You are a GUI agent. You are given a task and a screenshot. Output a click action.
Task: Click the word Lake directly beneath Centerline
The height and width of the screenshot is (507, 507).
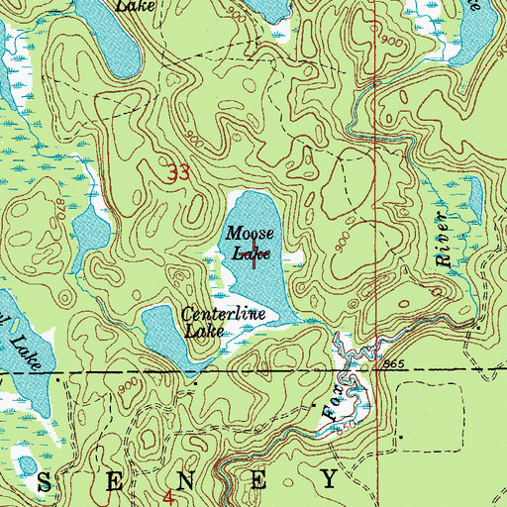(x=204, y=331)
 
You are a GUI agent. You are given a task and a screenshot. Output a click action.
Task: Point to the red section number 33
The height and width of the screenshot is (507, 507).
(x=178, y=173)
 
